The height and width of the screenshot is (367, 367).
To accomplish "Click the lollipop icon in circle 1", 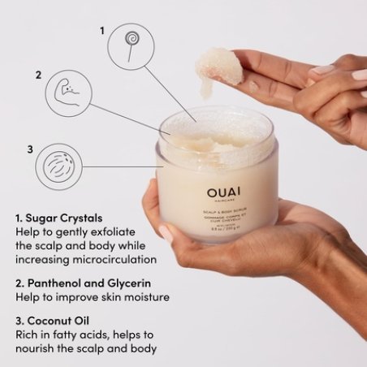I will click(131, 43).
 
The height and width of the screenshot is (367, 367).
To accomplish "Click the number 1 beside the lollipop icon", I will click(102, 30).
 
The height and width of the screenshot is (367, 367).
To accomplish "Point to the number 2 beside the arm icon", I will click(37, 76).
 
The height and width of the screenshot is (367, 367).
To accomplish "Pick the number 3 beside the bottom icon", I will click(30, 149).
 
